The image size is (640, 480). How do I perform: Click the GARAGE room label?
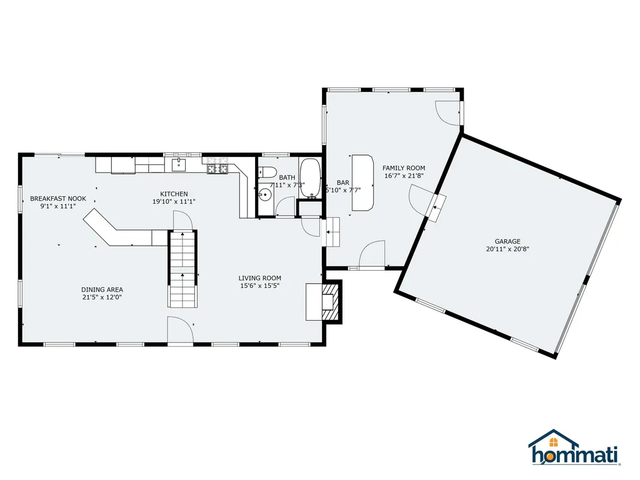[507, 241]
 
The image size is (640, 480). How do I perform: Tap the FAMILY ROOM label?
[404, 167]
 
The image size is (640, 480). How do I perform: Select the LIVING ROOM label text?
[259, 278]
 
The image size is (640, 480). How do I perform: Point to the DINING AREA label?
[102, 290]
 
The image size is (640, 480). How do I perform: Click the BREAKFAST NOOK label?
[58, 199]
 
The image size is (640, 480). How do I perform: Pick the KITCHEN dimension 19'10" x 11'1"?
[174, 201]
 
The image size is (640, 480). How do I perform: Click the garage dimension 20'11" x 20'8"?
[507, 249]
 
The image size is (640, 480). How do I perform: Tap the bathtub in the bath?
[311, 178]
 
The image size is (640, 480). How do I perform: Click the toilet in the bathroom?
[267, 172]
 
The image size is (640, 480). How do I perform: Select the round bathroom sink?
[265, 195]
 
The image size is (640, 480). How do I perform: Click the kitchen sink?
[179, 165]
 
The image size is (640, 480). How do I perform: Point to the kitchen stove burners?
[217, 166]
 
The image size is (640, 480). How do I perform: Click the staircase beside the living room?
[183, 269]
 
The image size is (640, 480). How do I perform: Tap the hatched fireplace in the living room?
[331, 302]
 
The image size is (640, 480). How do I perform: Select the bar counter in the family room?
[362, 183]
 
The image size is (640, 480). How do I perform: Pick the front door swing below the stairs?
[180, 329]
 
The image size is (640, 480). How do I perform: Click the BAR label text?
[343, 183]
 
